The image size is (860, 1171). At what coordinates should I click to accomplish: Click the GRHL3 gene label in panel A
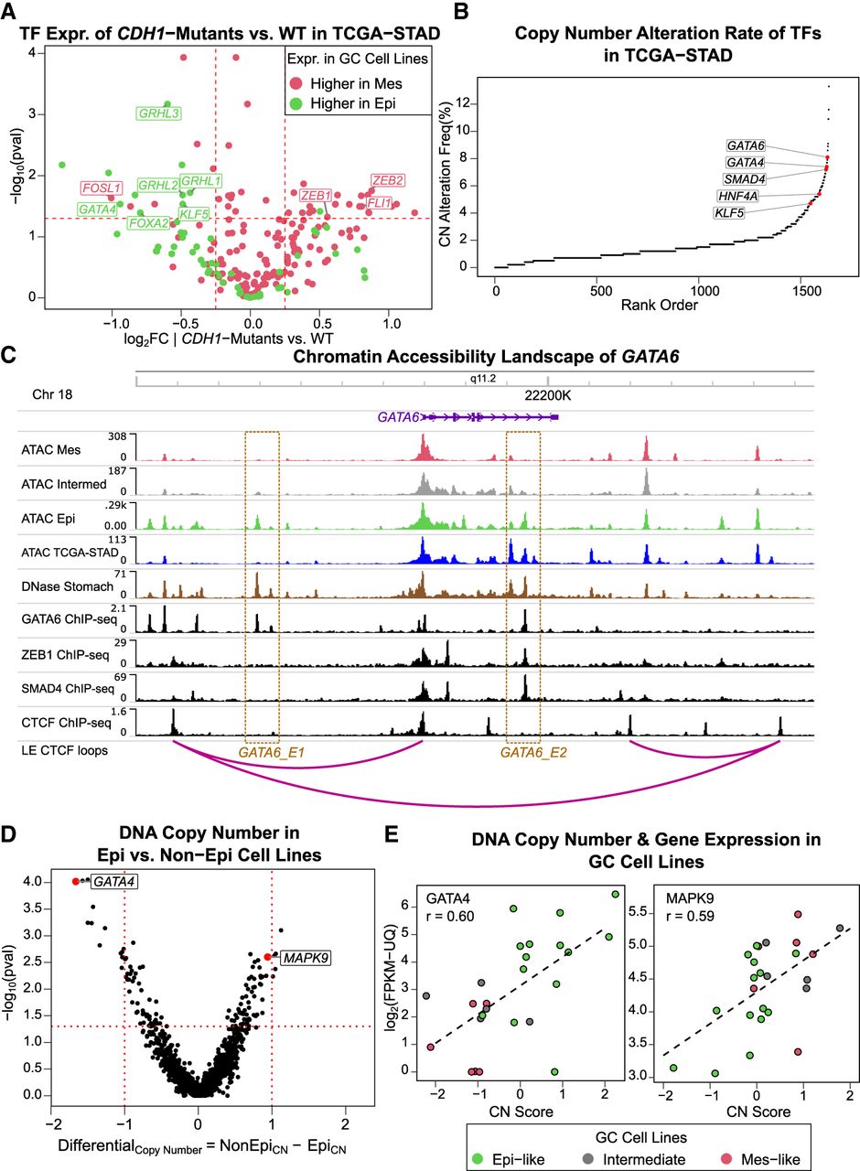[x=158, y=114]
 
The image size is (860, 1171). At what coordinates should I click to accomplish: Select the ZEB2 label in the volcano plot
[x=387, y=181]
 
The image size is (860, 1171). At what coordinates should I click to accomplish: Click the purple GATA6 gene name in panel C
[x=398, y=417]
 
